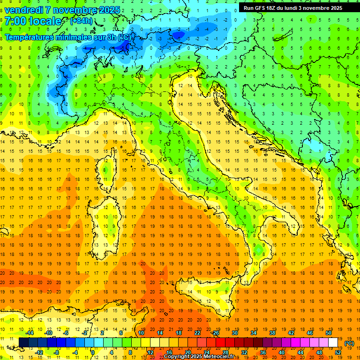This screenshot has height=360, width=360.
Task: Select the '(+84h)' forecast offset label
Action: click(x=81, y=21)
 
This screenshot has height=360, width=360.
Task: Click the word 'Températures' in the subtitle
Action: click(x=29, y=37)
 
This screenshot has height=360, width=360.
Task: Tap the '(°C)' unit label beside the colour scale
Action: click(x=349, y=343)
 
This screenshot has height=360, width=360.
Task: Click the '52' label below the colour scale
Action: click(x=338, y=352)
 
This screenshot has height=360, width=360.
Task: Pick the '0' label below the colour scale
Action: click(x=93, y=352)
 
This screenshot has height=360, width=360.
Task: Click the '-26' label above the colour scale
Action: click(x=215, y=333)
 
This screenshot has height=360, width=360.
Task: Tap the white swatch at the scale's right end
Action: click(x=333, y=343)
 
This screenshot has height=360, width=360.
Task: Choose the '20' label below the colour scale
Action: click(x=187, y=352)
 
